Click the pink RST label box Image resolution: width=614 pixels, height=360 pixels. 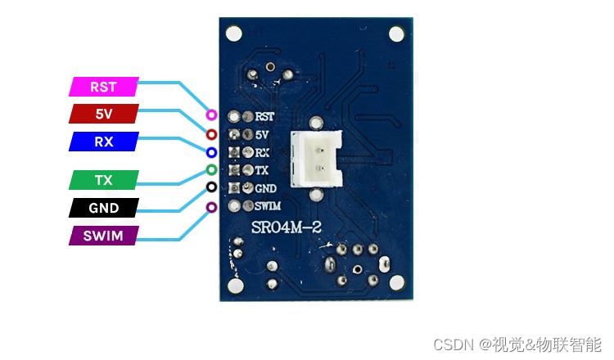104,87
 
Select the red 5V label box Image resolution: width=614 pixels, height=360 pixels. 104,114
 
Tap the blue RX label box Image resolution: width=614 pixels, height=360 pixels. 104,142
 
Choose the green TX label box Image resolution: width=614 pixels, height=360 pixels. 104,180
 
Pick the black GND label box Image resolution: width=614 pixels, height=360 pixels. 104,208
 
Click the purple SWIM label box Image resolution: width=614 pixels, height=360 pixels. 104,236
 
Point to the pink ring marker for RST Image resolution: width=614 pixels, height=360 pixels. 211,110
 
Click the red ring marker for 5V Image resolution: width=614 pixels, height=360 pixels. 211,130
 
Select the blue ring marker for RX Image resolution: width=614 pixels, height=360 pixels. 211,148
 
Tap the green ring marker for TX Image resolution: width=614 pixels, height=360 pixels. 211,165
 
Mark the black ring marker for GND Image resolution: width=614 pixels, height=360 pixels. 211,182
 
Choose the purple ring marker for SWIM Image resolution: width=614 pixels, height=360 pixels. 211,202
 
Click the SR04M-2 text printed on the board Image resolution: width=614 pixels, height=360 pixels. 287,227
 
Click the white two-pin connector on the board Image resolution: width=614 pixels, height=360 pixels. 316,159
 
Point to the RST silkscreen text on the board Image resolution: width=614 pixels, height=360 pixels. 264,117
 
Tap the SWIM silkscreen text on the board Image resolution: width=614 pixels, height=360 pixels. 268,206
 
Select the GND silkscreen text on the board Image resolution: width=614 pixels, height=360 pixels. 266,189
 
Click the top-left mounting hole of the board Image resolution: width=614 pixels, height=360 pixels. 234,34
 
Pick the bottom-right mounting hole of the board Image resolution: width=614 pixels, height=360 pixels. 397,282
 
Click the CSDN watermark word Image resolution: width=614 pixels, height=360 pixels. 454,344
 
